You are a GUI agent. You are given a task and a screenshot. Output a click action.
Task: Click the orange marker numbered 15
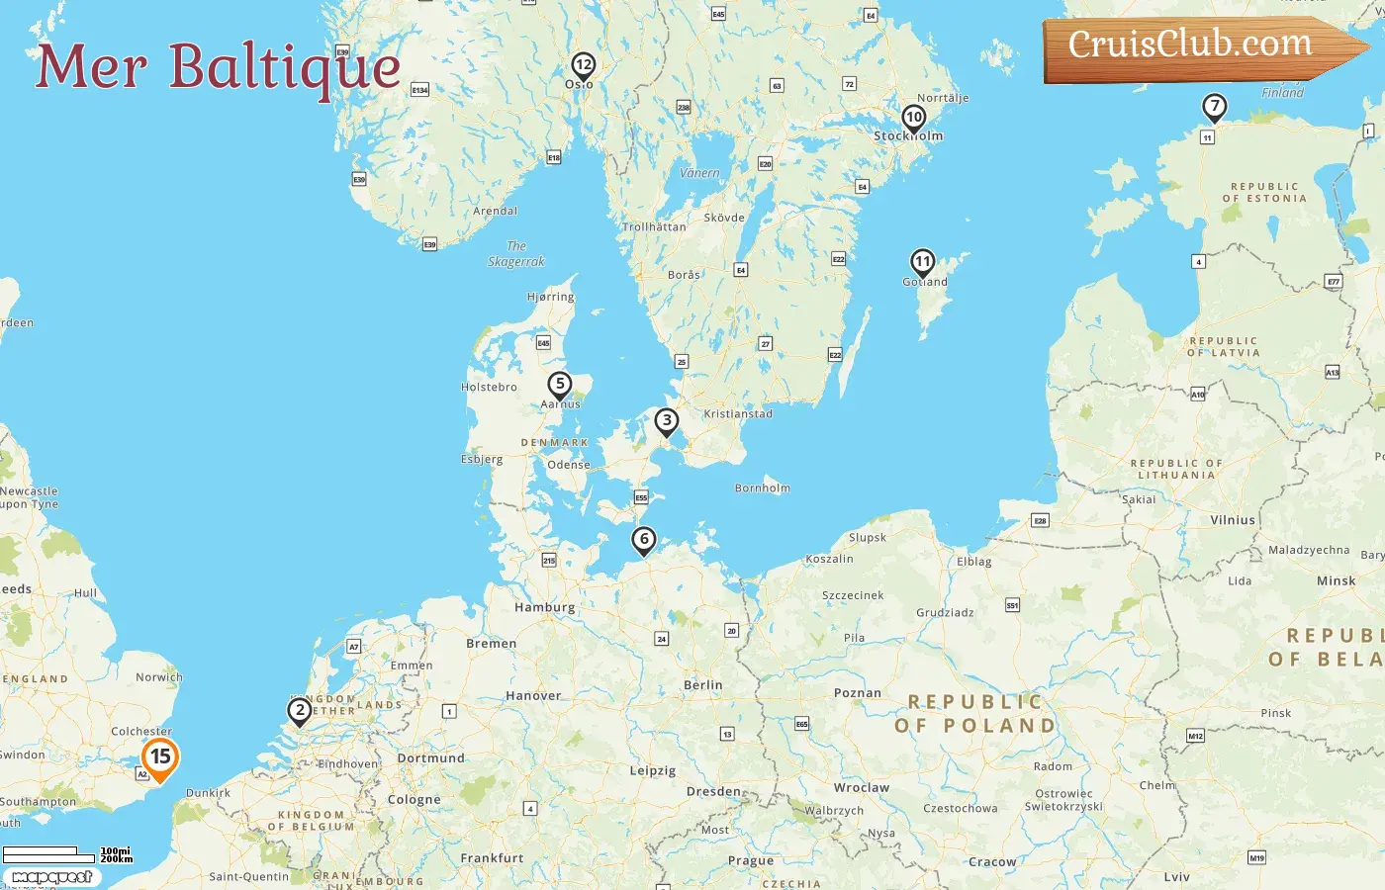pos(160,758)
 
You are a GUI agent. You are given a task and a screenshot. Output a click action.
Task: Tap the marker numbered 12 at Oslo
pos(583,66)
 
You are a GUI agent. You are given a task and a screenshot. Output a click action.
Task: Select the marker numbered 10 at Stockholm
pos(914,118)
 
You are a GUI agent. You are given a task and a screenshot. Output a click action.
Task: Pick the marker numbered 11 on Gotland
pos(922,263)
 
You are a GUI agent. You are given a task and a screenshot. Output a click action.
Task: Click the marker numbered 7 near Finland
pos(1214,107)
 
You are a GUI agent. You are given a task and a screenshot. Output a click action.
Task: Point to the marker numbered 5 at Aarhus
pos(560,385)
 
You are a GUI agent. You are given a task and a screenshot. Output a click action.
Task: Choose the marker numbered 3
pos(667,421)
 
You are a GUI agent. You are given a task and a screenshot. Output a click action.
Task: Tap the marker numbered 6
pos(644,540)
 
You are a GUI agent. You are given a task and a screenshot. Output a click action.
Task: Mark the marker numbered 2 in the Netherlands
pos(300,710)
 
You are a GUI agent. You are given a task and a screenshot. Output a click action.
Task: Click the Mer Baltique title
pos(219,66)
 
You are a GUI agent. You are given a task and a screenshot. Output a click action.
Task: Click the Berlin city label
pos(703,685)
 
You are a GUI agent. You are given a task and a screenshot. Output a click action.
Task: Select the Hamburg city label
pos(544,607)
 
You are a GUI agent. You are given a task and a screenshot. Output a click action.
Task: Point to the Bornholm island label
pos(763,488)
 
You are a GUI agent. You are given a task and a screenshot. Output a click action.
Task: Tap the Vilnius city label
pos(1233,520)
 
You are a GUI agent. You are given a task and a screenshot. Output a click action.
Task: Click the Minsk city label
pos(1336,581)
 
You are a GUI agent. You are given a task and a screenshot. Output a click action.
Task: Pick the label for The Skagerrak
pos(516,254)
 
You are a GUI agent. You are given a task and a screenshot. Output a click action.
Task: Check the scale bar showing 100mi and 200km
pos(67,853)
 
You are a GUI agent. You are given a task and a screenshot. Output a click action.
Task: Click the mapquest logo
pos(51,877)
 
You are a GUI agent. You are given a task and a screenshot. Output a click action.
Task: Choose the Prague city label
pos(751,860)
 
